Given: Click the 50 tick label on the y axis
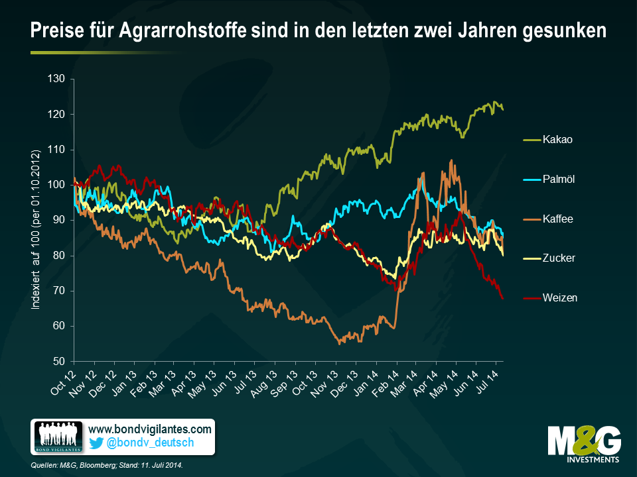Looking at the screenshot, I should [x=58, y=362].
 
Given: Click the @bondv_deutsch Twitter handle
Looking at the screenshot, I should [x=150, y=443].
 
